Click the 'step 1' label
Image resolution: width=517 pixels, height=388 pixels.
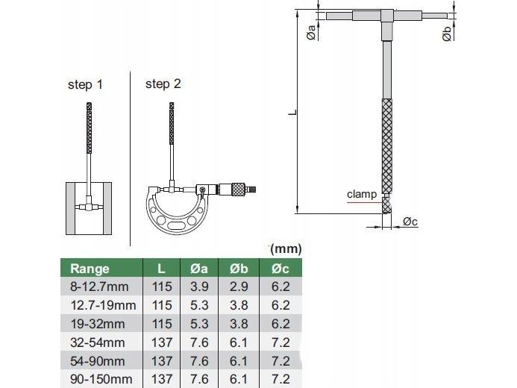(x=85, y=84)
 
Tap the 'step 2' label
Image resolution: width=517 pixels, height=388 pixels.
(x=163, y=84)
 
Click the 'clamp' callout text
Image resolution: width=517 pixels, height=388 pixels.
(x=362, y=194)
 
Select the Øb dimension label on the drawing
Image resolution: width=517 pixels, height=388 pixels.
(x=446, y=34)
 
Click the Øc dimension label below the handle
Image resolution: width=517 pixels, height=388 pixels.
(x=410, y=222)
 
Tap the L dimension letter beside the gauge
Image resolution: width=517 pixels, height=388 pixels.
(x=292, y=112)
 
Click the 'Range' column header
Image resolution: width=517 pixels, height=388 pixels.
(x=90, y=269)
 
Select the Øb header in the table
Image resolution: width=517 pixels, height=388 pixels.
(x=239, y=269)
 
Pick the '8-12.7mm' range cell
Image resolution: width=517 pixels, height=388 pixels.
(x=99, y=287)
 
